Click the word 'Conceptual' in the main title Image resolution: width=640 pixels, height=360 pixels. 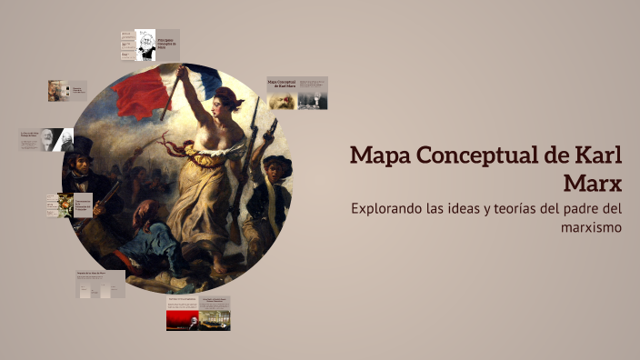pos(479,155)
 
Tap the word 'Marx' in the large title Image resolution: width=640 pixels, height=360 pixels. pos(593,183)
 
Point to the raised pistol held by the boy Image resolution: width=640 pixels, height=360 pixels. pos(269,129)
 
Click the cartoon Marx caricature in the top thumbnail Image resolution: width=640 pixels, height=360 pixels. pos(145,45)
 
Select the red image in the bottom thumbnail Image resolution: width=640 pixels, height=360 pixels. pos(182,319)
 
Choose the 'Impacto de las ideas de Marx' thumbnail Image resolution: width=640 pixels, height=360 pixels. pos(100,284)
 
